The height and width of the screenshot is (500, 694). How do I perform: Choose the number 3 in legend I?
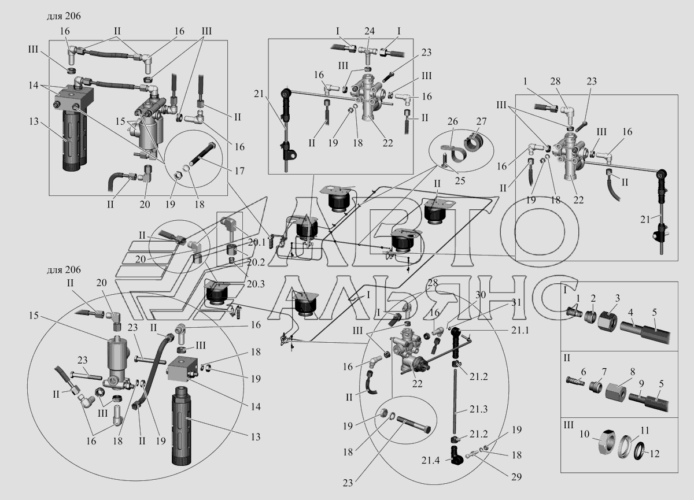pyautogui.click(x=617, y=297)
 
